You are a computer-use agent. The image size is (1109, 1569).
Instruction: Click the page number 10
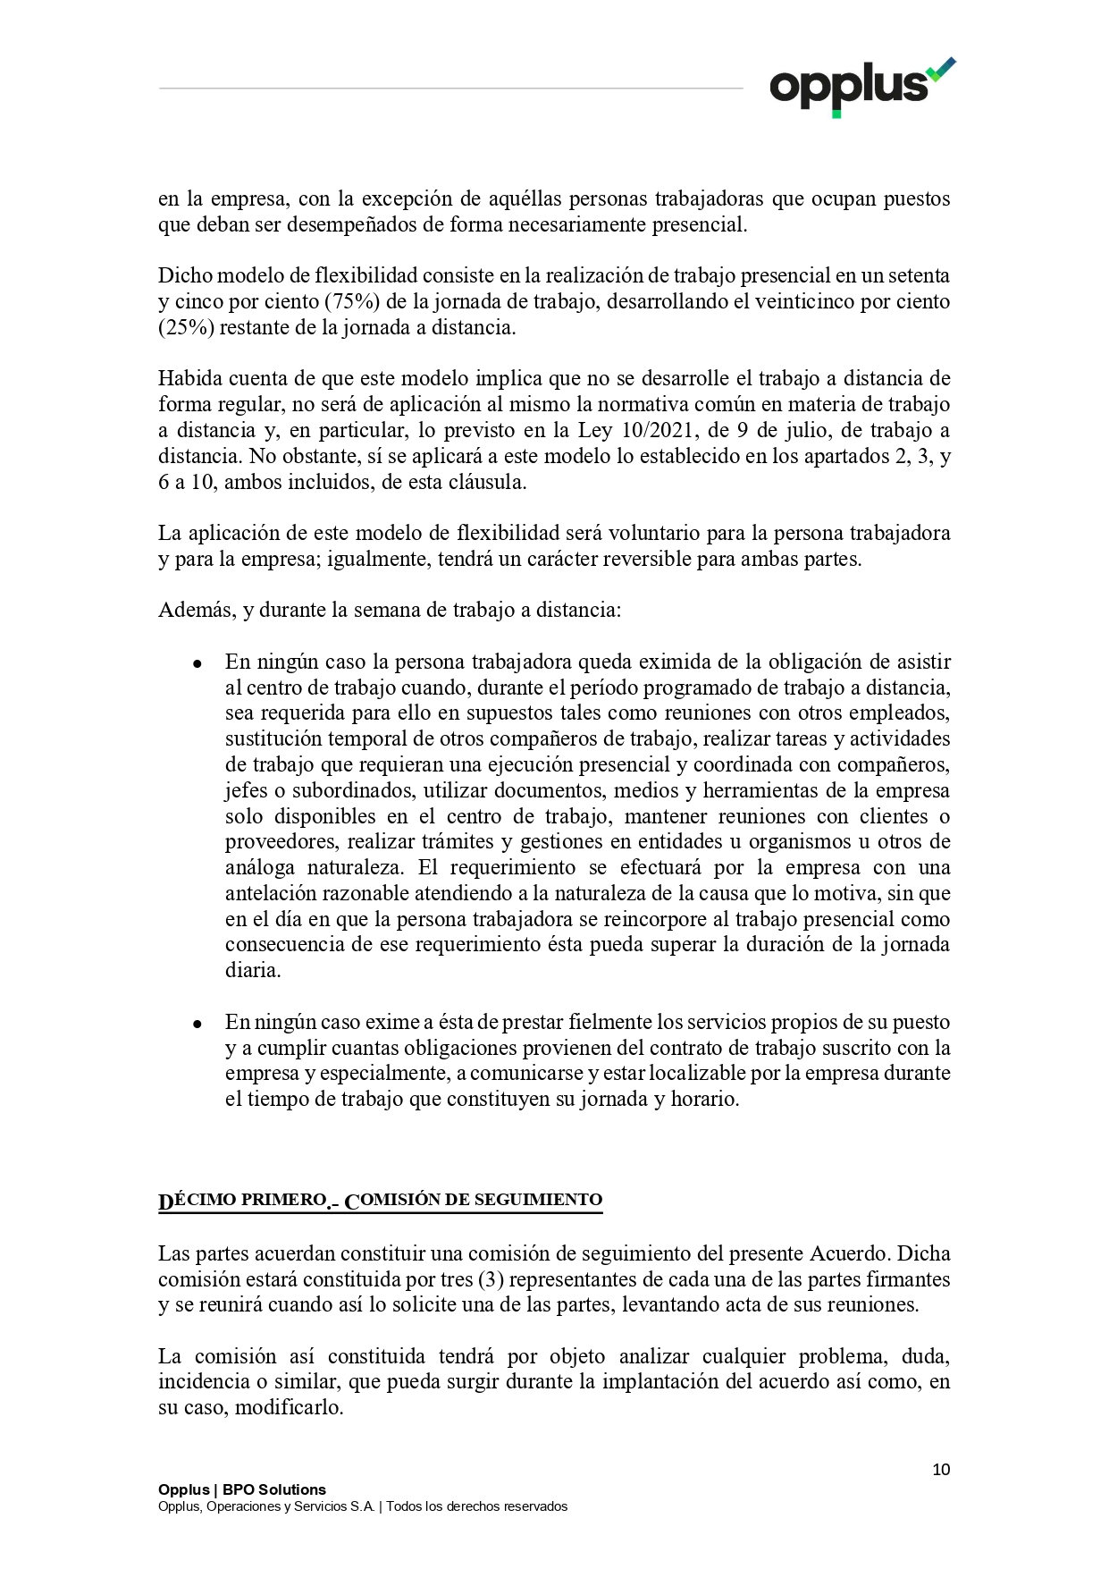click(x=941, y=1470)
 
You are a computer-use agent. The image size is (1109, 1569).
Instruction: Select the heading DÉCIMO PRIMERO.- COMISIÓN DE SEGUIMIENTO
click(x=380, y=1201)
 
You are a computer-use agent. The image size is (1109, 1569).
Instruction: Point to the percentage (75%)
click(x=349, y=301)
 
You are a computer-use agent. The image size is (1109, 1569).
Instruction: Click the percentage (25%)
click(x=186, y=327)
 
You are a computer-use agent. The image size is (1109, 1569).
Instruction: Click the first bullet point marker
click(x=197, y=663)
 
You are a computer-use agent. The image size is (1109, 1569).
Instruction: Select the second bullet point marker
click(x=197, y=1024)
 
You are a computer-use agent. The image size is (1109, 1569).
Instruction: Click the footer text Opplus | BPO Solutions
click(x=242, y=1489)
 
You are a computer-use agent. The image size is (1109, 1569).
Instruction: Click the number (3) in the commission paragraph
click(x=491, y=1279)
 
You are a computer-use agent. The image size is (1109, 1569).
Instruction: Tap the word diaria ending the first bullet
click(x=252, y=971)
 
